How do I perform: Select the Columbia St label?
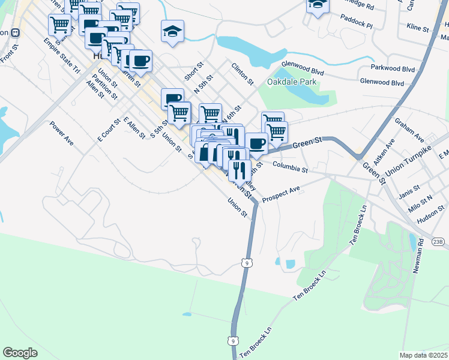289,167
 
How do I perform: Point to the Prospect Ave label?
280,194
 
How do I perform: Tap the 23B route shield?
439,242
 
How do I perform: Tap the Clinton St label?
243,73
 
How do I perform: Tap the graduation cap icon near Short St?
172,32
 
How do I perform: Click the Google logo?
20,353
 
